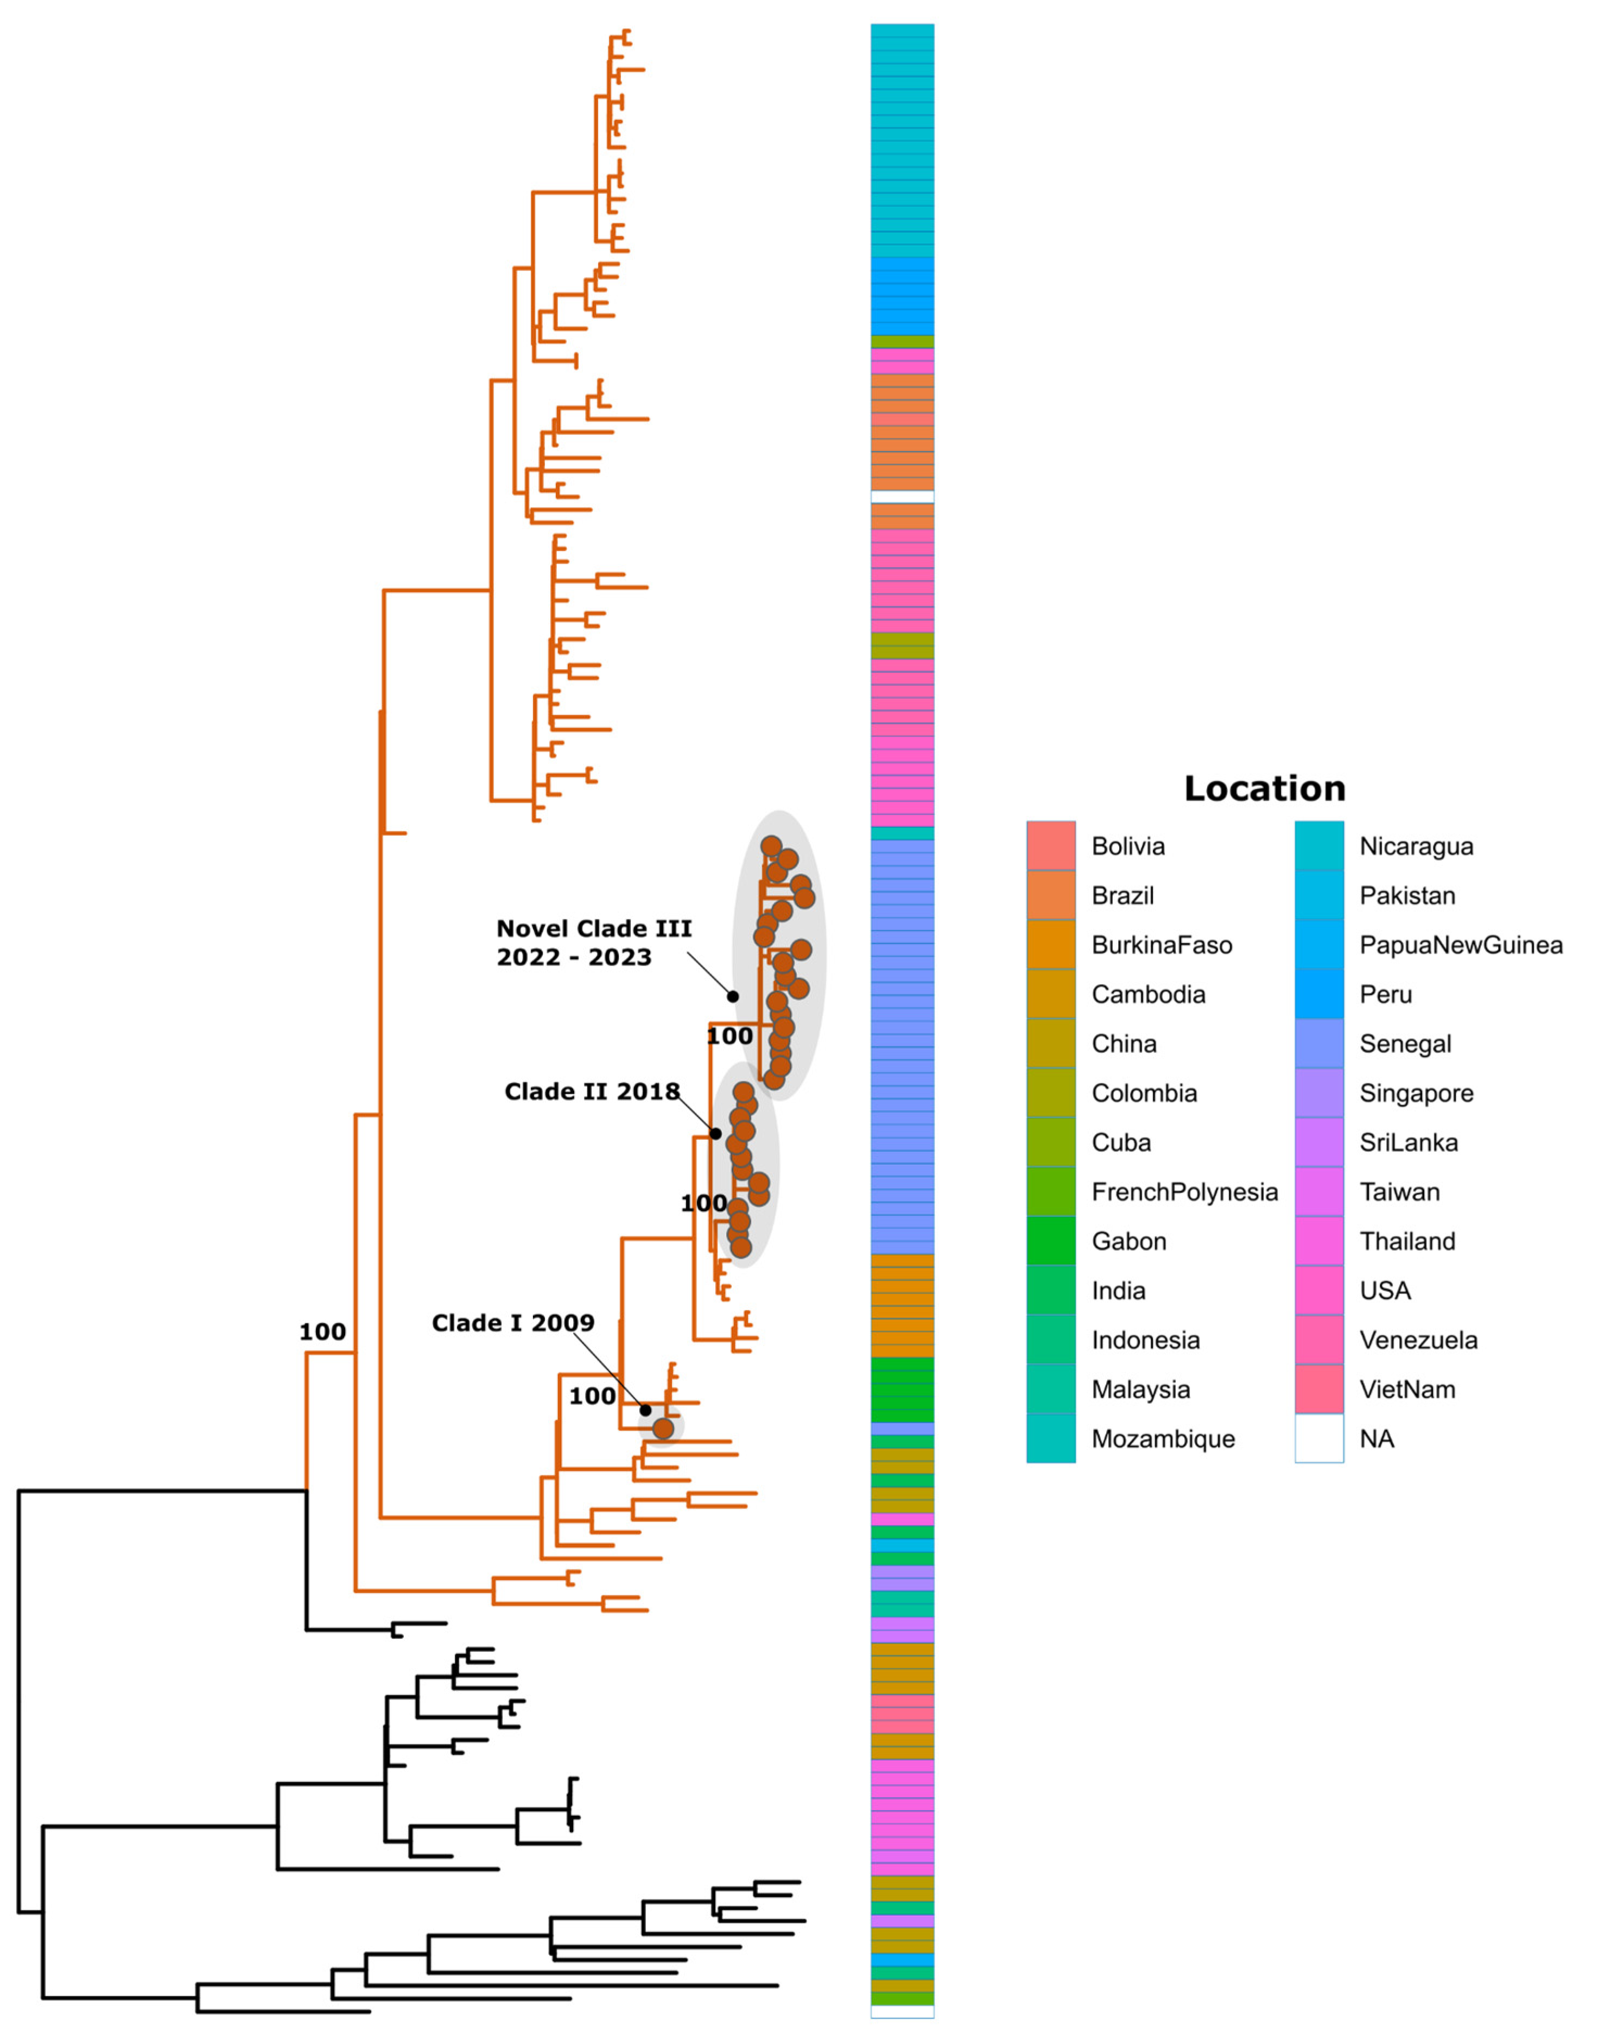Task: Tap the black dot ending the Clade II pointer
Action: (x=715, y=1133)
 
